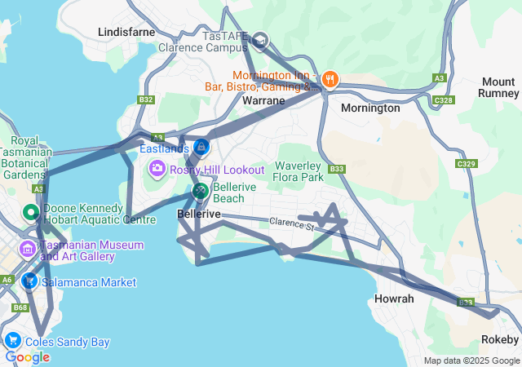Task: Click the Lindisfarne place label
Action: [126, 32]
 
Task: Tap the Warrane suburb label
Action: [264, 101]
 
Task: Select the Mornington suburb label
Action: [370, 108]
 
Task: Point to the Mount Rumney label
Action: [498, 87]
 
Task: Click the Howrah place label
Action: [395, 298]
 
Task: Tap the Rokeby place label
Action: [500, 339]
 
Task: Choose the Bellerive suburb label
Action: [199, 214]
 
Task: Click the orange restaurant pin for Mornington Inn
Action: [330, 79]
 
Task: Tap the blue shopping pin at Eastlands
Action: [201, 148]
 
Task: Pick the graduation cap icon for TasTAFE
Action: [259, 39]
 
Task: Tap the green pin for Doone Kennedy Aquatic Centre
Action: [32, 214]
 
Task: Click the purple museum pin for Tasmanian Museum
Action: [28, 248]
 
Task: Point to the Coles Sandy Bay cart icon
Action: [12, 341]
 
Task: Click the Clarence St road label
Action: [291, 223]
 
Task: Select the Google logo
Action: [27, 356]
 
